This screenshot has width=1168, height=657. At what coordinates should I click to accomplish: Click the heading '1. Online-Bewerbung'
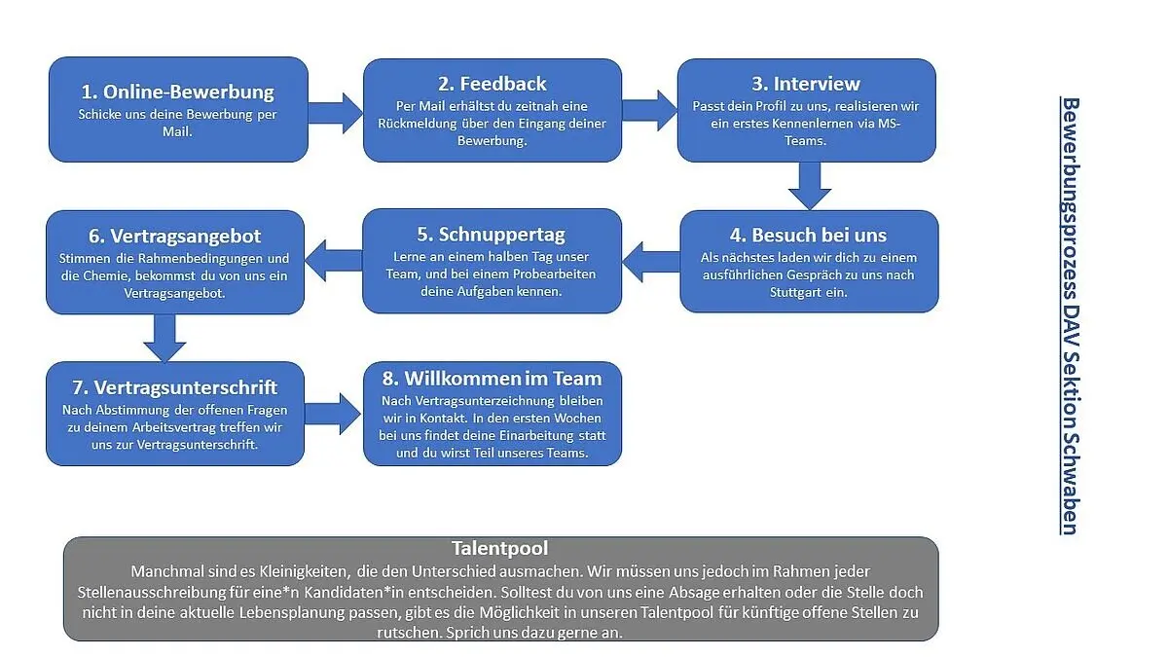tap(177, 92)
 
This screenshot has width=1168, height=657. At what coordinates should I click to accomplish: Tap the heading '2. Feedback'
tap(493, 84)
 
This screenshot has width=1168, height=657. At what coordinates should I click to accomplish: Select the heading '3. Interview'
tap(807, 84)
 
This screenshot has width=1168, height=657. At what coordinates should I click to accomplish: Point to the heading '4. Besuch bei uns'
tap(809, 235)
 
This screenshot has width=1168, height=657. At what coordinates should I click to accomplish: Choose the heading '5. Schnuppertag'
tap(493, 235)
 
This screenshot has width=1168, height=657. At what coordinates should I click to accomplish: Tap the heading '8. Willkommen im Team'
tap(493, 378)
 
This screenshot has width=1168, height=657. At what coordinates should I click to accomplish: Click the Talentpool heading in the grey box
tap(500, 548)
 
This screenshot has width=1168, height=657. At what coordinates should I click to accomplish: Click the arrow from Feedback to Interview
tap(649, 109)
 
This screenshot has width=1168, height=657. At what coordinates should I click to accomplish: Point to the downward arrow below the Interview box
tap(809, 185)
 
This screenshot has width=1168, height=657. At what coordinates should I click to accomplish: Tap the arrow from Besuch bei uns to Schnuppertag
tap(650, 260)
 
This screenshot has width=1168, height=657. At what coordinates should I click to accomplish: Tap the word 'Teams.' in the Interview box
tap(806, 140)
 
